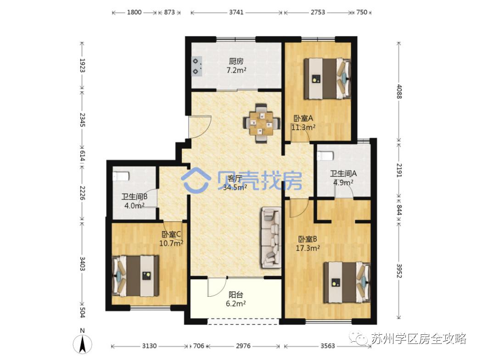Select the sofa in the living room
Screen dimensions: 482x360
(271, 238)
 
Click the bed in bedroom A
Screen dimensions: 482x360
(327, 78)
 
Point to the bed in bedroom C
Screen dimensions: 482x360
(135, 276)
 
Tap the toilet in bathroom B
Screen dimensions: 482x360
(122, 176)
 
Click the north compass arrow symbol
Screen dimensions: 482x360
(82, 344)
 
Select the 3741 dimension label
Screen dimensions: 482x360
(236, 12)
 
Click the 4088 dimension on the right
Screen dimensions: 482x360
(399, 92)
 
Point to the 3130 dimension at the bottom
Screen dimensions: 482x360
(149, 346)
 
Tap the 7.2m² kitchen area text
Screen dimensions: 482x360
(236, 70)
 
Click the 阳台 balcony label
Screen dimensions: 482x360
(236, 295)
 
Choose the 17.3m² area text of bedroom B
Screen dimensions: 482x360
(308, 248)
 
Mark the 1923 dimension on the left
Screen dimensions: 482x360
(82, 65)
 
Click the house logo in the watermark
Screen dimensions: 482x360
(196, 180)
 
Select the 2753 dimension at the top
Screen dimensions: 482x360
(318, 12)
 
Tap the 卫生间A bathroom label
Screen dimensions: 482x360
(343, 173)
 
